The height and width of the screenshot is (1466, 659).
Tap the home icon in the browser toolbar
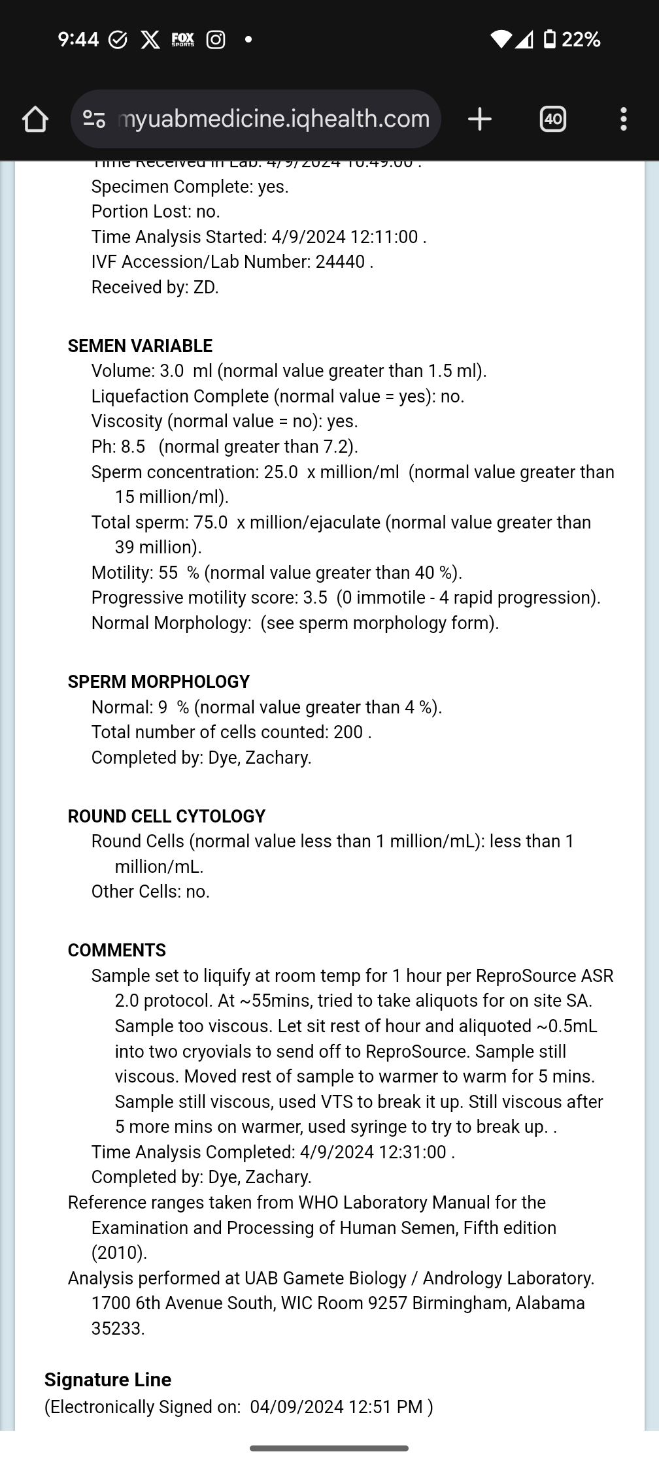35,120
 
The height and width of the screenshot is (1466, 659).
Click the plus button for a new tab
480,119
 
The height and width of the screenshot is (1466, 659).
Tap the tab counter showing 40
552,119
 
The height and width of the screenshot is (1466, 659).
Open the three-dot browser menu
623,119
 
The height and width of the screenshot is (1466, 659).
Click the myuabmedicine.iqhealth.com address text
273,119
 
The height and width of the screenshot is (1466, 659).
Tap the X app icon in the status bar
150,40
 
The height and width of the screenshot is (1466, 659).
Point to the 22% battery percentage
581,40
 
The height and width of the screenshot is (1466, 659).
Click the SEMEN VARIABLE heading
140,346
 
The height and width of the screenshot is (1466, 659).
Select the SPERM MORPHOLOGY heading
159,682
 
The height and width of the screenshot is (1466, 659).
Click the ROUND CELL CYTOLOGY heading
167,817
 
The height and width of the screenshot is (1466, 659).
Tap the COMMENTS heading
117,951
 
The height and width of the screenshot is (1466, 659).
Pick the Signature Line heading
108,1380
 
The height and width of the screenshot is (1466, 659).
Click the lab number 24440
340,262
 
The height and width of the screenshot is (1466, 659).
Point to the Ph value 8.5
133,447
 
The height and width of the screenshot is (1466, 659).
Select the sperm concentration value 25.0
280,472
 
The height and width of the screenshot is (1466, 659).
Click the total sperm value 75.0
211,523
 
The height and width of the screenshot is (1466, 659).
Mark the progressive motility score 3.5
315,598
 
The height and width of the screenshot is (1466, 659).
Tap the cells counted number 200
348,732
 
